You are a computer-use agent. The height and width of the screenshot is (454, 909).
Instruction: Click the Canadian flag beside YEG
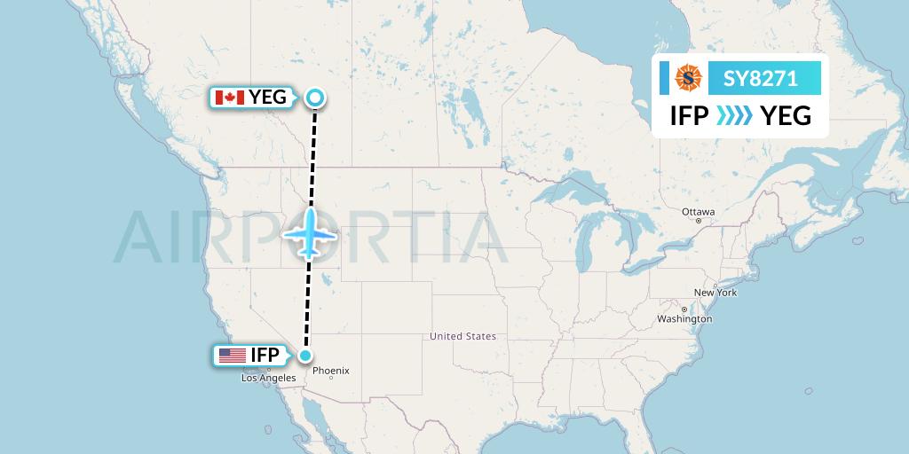pos(230,98)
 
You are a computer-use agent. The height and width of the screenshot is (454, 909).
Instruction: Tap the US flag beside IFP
pos(232,356)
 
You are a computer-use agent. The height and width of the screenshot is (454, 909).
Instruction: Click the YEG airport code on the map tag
pos(267,98)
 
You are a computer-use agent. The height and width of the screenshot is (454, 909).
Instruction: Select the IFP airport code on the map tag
pos(265,356)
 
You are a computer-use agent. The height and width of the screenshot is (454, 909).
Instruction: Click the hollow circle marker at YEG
pos(314,98)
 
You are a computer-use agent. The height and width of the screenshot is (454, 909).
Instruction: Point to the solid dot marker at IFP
pos(305,356)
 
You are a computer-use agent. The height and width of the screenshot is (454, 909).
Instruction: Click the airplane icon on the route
pos(309,233)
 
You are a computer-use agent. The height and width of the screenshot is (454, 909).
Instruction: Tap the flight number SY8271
pos(761,79)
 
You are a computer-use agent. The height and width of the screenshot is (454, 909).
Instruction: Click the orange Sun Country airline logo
pos(689,78)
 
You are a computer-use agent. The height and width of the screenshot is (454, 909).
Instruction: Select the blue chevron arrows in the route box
pos(734,115)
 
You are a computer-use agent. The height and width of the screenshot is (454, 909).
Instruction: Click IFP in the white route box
pos(689,115)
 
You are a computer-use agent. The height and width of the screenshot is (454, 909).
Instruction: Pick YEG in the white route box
pos(786,115)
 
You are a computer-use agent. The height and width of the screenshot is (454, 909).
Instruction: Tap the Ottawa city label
pos(698,212)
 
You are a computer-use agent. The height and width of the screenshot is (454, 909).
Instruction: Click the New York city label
pos(715,293)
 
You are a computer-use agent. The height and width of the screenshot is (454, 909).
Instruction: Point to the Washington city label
pos(684,318)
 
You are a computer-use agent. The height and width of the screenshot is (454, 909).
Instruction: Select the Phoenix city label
pos(331,371)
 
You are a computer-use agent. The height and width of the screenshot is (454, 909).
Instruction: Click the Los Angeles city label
pos(268,378)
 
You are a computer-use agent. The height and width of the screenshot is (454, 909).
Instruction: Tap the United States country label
pos(462,337)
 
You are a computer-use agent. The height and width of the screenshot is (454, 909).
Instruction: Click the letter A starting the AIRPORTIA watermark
pos(138,238)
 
